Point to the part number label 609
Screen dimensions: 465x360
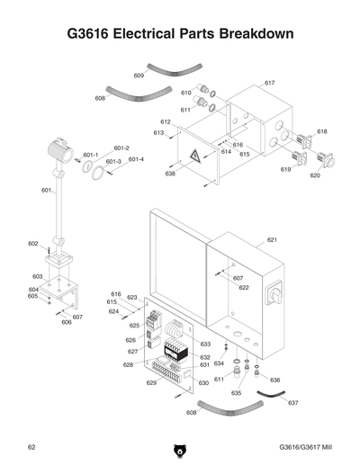139,76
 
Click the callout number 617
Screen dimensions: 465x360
269,83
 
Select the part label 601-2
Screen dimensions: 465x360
121,148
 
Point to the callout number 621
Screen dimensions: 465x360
272,240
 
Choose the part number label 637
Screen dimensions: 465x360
293,402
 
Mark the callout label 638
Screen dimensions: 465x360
170,174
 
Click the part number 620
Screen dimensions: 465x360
315,175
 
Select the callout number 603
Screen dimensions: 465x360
38,276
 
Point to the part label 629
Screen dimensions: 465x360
151,383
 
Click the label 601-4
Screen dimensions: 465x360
136,159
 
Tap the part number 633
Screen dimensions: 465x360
205,344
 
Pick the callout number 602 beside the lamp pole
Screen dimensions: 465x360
32,244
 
